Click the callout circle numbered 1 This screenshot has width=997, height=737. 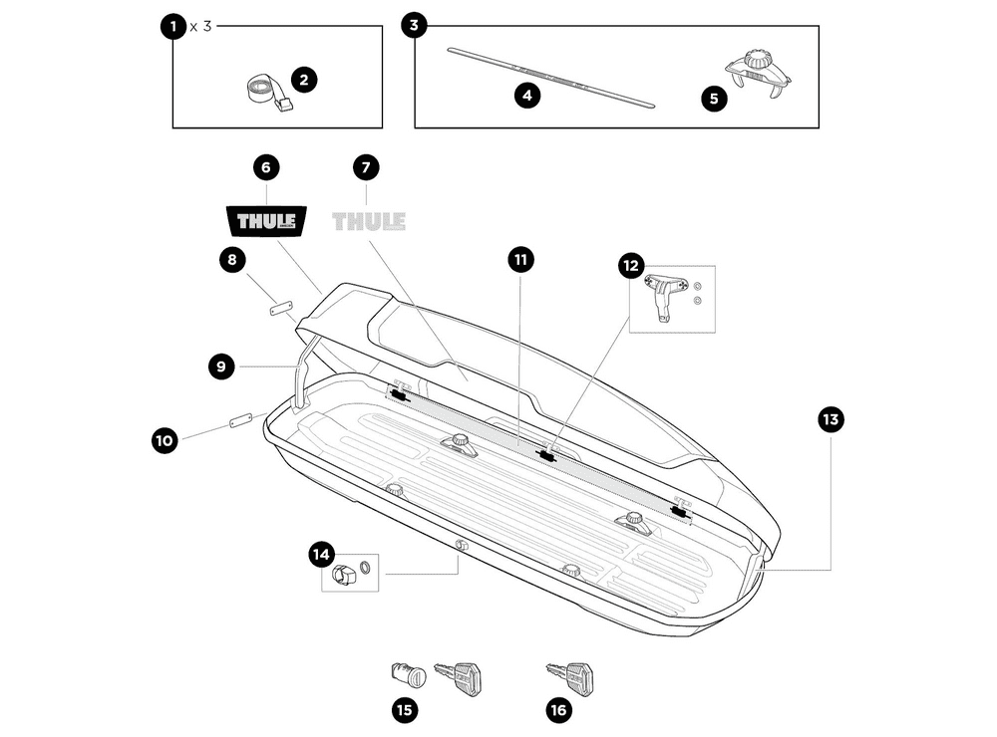point(173,26)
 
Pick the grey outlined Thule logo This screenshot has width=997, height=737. point(368,220)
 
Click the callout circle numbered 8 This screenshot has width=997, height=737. point(232,261)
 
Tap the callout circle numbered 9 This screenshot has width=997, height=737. point(222,367)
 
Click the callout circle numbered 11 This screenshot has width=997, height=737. point(519,260)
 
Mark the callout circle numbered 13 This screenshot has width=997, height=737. point(830,419)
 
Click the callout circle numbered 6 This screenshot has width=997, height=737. point(266,166)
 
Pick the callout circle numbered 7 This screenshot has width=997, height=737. point(366,166)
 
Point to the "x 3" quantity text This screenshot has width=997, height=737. point(200,26)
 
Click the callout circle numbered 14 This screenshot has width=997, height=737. point(320,555)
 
